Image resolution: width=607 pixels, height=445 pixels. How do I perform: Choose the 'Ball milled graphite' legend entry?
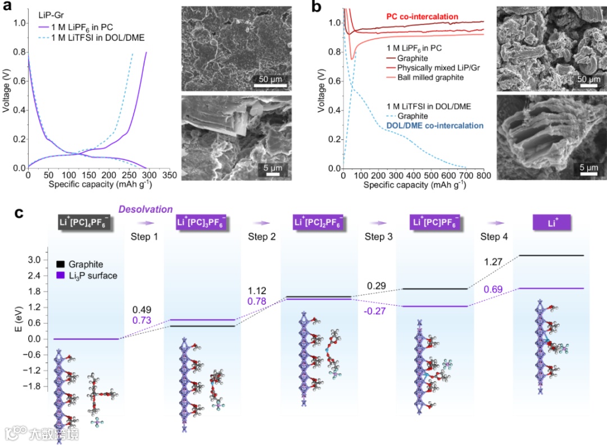pyautogui.click(x=431, y=77)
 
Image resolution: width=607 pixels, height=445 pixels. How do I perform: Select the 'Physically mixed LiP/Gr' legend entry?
pyautogui.click(x=439, y=67)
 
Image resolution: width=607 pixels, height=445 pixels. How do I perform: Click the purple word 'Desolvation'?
pyautogui.click(x=146, y=209)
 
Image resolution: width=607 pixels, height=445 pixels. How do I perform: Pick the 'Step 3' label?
pyautogui.click(x=379, y=237)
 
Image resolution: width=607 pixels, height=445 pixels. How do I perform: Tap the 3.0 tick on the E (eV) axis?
pyautogui.click(x=35, y=260)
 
